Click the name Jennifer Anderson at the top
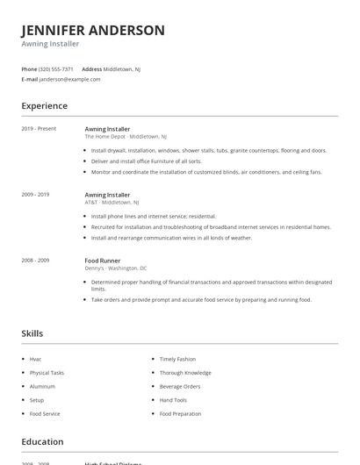[x=93, y=30]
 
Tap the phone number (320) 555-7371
[x=56, y=68]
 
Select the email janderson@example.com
[x=70, y=79]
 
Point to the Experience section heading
[x=45, y=106]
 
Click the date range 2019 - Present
[x=39, y=129]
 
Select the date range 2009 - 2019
[x=37, y=194]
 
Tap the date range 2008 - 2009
[x=37, y=260]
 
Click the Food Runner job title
[x=104, y=260]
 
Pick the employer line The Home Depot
[x=126, y=136]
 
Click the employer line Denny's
[x=116, y=268]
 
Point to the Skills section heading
[x=32, y=333]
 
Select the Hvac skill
[x=36, y=359]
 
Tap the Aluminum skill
[x=42, y=386]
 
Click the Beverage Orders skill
[x=180, y=386]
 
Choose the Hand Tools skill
[x=173, y=400]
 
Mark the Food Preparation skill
[x=180, y=413]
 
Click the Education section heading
[x=43, y=442]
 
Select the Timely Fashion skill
[x=177, y=359]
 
